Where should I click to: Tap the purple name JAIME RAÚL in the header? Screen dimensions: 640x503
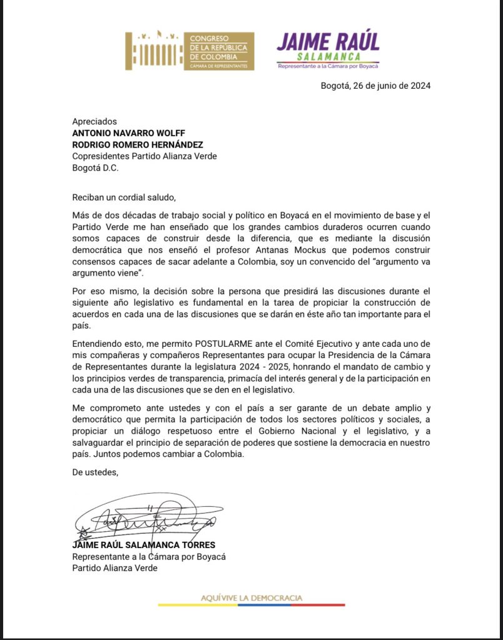[328, 41]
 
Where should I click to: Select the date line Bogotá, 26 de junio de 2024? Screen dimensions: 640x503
[375, 86]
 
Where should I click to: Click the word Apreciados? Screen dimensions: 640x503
[94, 121]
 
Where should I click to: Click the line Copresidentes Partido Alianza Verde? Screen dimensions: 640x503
[145, 156]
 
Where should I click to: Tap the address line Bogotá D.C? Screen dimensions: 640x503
[95, 168]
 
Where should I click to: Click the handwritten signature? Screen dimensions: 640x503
[141, 516]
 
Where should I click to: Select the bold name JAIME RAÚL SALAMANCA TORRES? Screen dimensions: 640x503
[144, 544]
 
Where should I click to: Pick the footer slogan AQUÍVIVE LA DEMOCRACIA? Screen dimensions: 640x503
[251, 598]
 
